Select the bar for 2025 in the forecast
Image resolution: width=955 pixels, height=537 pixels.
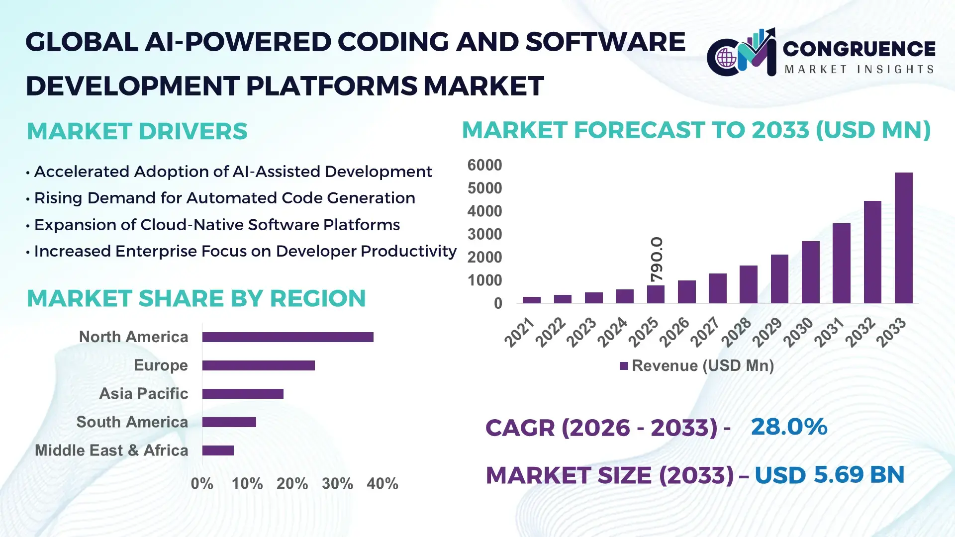tap(656, 294)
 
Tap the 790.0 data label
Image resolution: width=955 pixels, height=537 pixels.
tap(657, 259)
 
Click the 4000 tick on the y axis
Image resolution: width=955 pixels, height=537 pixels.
tap(484, 211)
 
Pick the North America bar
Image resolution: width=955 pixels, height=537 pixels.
tap(287, 337)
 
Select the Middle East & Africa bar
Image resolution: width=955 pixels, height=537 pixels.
tap(218, 450)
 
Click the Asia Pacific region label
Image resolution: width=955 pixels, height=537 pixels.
tap(143, 394)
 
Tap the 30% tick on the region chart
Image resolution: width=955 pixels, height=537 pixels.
tap(337, 484)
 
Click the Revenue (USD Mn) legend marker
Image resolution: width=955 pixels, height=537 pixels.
tap(624, 366)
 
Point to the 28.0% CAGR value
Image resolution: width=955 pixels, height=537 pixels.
tap(788, 427)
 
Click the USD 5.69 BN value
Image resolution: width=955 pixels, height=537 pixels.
tap(829, 475)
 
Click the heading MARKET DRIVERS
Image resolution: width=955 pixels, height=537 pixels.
tap(137, 132)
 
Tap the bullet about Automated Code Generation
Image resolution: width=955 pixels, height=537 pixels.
tap(224, 198)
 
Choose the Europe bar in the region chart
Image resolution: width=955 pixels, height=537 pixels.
tap(258, 365)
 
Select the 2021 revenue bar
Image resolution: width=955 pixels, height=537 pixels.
tap(531, 300)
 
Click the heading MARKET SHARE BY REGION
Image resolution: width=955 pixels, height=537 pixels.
tap(196, 299)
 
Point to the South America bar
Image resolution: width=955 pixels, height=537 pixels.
tap(229, 422)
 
